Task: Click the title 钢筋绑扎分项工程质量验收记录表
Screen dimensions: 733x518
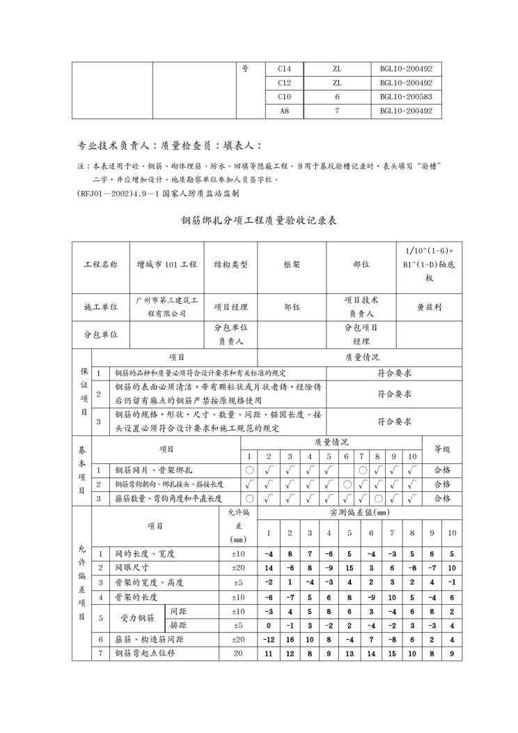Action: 259,221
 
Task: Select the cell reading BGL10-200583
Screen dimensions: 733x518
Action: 406,96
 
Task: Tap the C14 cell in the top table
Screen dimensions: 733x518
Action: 284,69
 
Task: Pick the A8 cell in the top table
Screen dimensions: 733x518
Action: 284,110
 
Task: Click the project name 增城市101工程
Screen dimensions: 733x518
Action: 166,265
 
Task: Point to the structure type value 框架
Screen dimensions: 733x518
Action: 292,265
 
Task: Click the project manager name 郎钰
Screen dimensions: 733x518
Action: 292,306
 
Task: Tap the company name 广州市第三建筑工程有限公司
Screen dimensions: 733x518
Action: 166,306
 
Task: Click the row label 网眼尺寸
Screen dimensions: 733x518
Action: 130,568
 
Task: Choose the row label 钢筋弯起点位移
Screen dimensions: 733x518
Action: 145,654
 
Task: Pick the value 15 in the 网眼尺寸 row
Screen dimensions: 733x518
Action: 349,568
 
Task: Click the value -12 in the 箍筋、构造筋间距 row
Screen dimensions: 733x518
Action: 269,639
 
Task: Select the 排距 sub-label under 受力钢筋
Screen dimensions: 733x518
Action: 178,625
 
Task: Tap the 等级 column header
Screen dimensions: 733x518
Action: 442,449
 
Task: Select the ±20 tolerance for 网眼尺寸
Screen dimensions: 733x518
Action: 238,568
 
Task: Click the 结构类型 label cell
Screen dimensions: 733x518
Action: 230,265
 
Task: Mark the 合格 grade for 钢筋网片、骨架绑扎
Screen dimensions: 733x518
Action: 442,470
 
